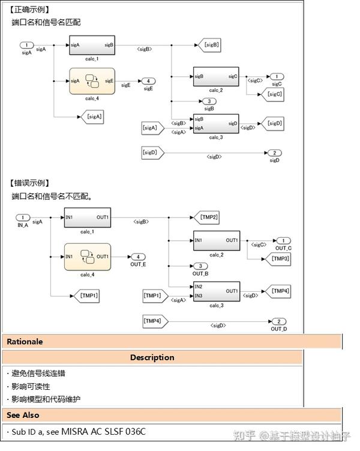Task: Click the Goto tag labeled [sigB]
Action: point(209,44)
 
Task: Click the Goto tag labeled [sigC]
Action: point(274,94)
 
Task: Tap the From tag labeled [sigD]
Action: point(151,153)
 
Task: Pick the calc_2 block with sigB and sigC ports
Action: point(215,76)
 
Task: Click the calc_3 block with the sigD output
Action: point(215,124)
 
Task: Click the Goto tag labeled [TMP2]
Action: point(208,217)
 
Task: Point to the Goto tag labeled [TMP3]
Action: point(278,258)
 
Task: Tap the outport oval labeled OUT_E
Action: point(137,256)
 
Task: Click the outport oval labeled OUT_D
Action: point(278,321)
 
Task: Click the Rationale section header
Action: point(25,342)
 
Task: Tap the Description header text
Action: point(152,357)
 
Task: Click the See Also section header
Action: point(23,415)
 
